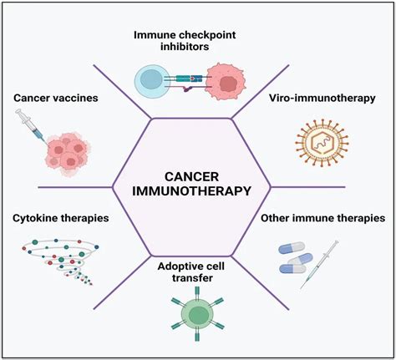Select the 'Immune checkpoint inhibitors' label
[x=195, y=41]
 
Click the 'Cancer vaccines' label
[x=56, y=98]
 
